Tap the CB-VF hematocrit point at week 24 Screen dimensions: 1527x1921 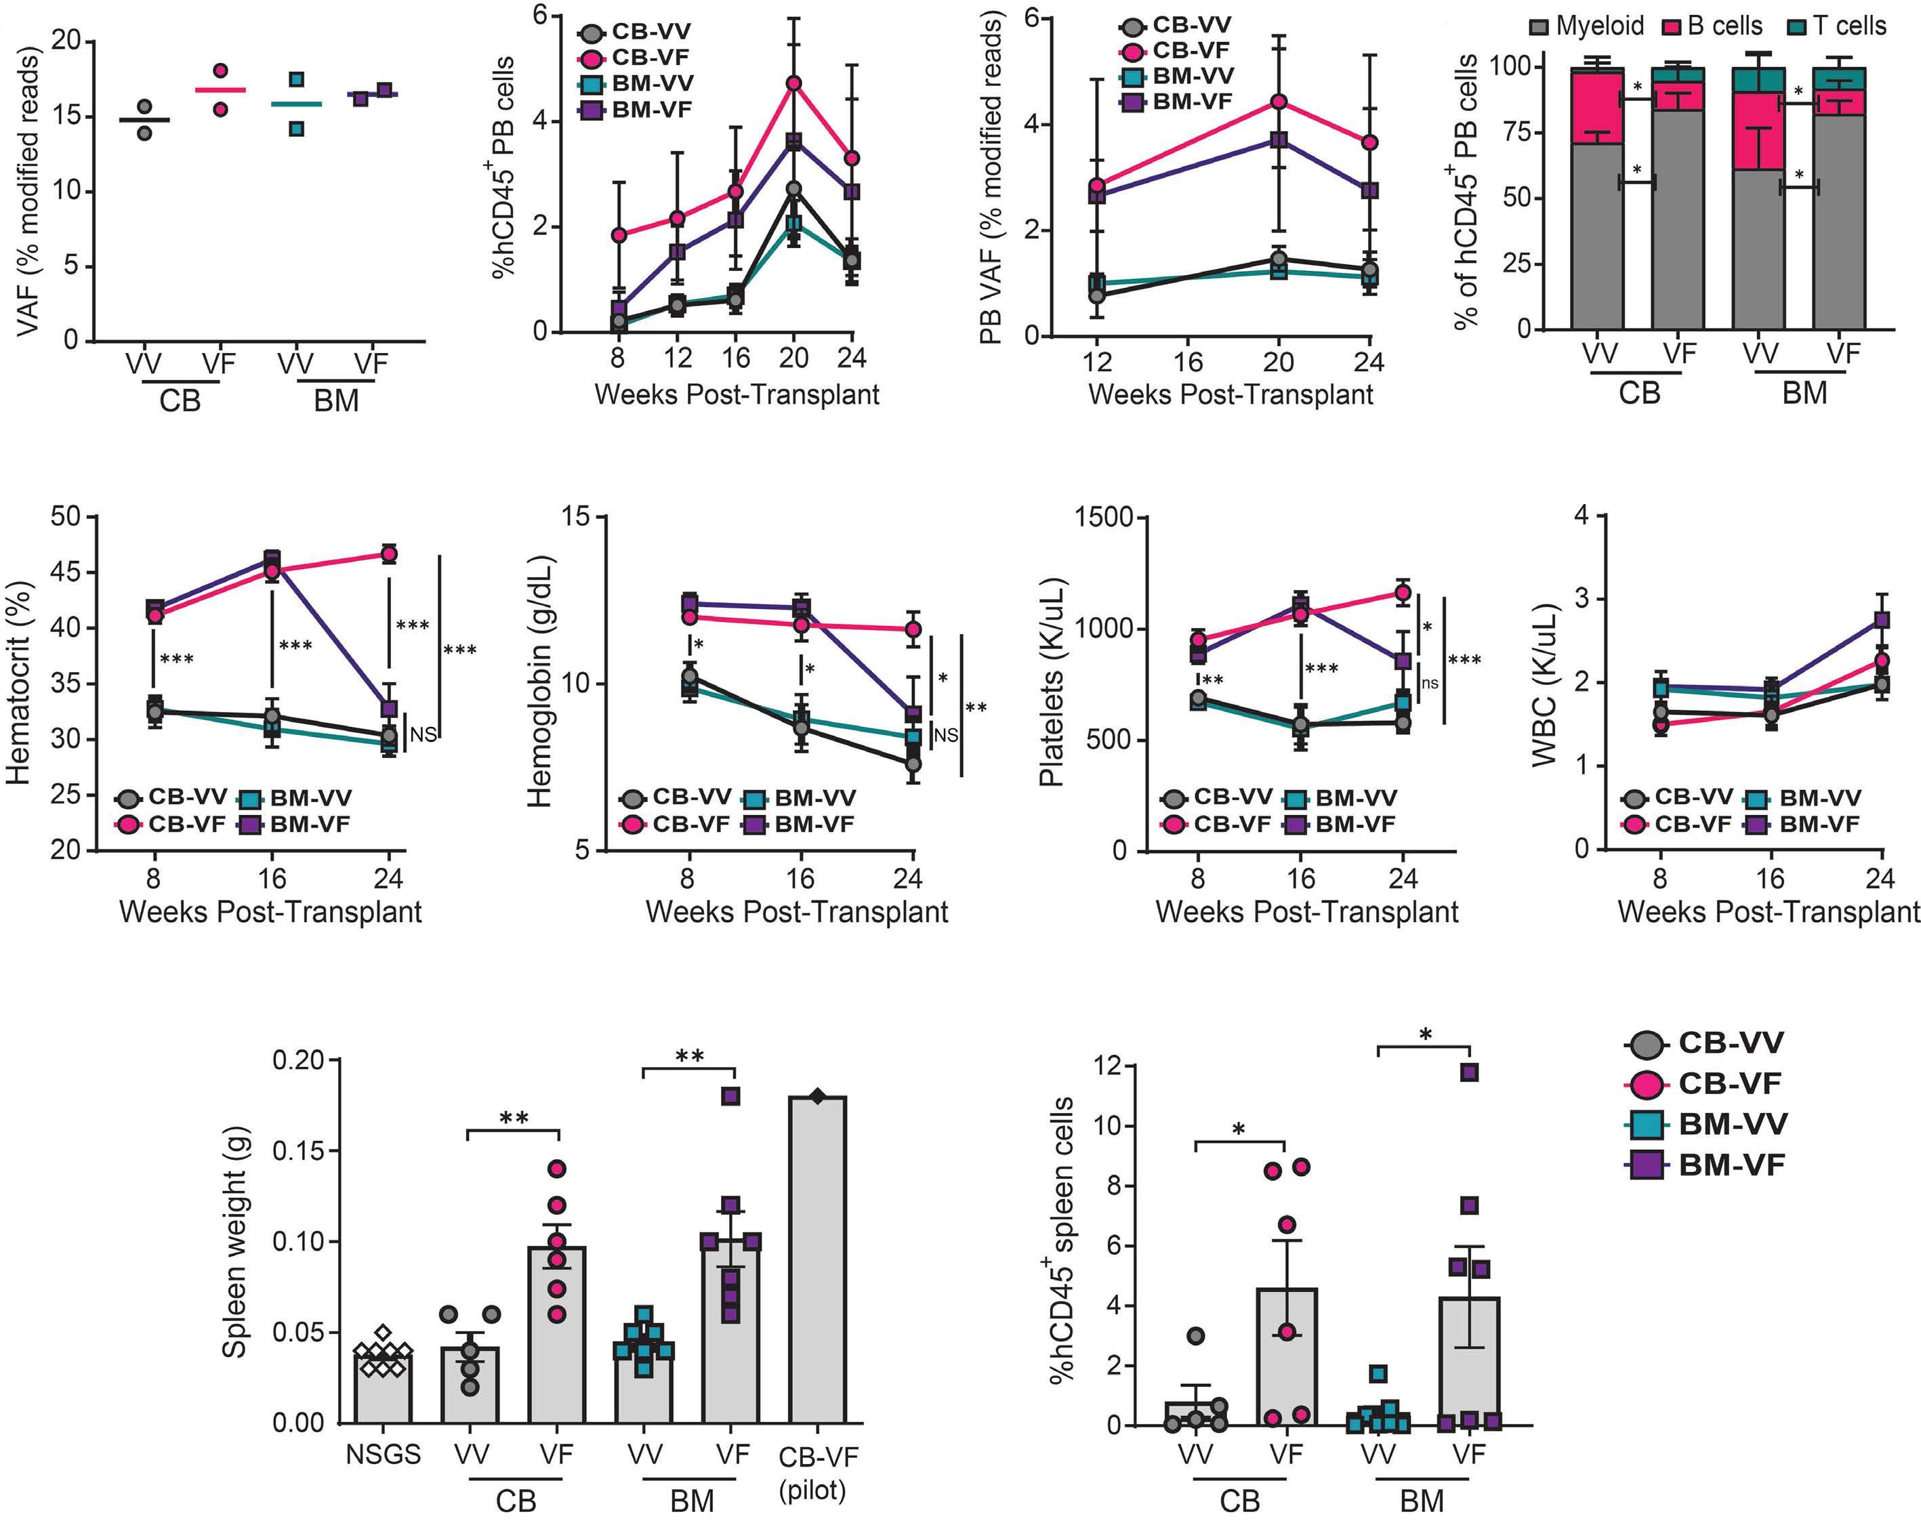(x=388, y=554)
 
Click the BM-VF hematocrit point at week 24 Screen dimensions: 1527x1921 (x=388, y=708)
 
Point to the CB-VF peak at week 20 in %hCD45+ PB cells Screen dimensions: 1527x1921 (x=793, y=83)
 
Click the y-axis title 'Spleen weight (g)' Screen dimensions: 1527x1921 (x=234, y=1242)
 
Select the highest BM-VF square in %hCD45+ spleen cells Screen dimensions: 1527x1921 (x=1469, y=1072)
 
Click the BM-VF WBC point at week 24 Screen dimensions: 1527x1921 (x=1882, y=619)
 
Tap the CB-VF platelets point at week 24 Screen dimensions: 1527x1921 (x=1403, y=593)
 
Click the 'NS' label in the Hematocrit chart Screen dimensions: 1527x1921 (x=422, y=735)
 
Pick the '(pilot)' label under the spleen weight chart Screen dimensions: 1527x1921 (x=812, y=1491)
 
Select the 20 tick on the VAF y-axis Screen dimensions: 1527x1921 (x=68, y=41)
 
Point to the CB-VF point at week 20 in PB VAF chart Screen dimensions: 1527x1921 (x=1279, y=102)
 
